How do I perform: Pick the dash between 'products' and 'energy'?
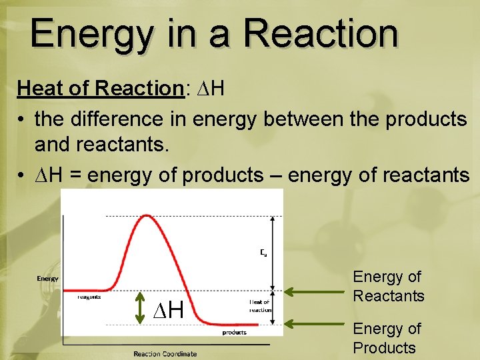click(x=275, y=175)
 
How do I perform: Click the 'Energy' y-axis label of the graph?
click(x=47, y=279)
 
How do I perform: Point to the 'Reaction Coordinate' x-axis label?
click(x=165, y=353)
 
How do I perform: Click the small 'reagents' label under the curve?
click(x=89, y=297)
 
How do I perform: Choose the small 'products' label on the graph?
click(x=234, y=332)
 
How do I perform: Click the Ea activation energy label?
click(x=263, y=253)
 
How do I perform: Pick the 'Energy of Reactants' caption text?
click(x=388, y=286)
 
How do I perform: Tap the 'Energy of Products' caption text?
click(x=387, y=338)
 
